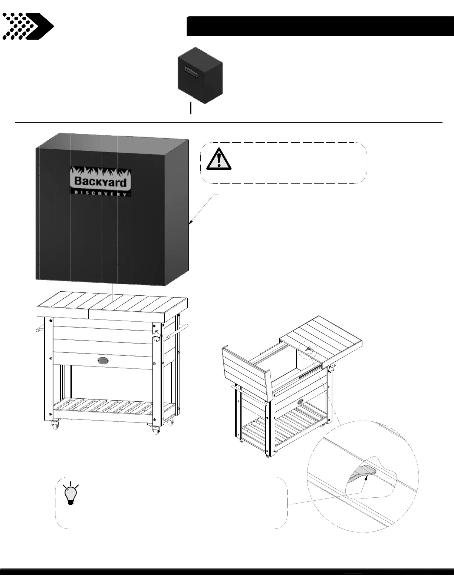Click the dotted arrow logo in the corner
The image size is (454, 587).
point(28,26)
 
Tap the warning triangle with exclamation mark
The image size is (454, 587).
point(219,159)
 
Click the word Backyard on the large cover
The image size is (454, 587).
point(101,181)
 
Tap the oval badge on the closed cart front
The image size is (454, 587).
point(104,360)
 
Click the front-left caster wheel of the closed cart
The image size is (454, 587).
point(56,425)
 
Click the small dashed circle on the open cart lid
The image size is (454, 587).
point(308,349)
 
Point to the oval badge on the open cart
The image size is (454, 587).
point(300,401)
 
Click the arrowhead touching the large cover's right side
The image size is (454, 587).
point(190,222)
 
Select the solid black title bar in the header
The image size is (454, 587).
point(320,26)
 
